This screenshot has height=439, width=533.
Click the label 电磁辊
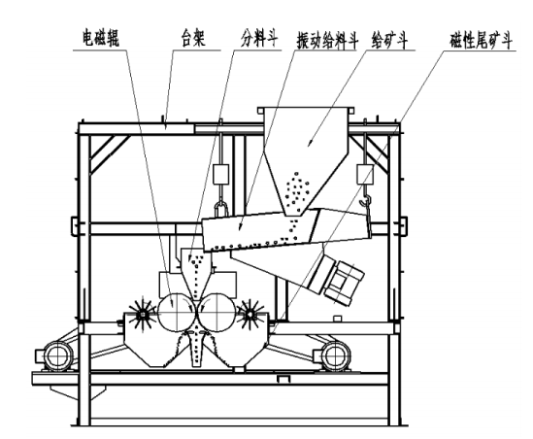tap(101, 39)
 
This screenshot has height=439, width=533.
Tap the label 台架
tap(193, 38)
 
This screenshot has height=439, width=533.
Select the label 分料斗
tap(259, 38)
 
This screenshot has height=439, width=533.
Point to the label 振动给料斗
tap(328, 41)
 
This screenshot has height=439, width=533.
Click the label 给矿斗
tap(390, 41)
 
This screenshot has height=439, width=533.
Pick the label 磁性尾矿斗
tap(481, 41)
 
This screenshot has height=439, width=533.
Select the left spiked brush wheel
tap(142, 315)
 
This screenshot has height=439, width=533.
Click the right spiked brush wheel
tap(250, 315)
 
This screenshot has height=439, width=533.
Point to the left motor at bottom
tap(53, 355)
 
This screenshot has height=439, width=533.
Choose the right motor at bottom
tap(335, 355)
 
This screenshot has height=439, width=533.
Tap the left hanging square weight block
tap(221, 174)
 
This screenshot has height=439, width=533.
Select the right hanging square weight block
tap(365, 174)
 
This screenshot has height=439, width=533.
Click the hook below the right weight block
tap(366, 200)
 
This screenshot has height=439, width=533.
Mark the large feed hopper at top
tap(307, 160)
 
